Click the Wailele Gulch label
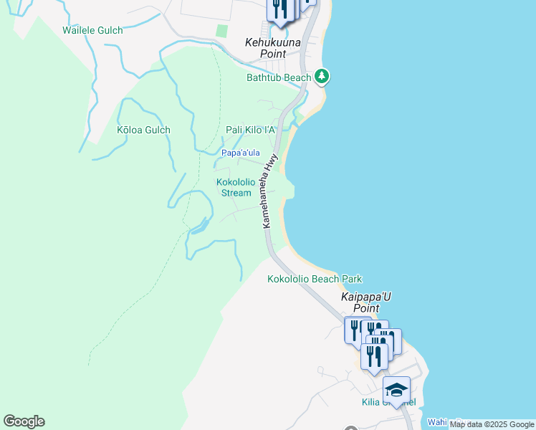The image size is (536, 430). pyautogui.click(x=92, y=31)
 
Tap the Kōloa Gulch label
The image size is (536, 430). pyautogui.click(x=143, y=130)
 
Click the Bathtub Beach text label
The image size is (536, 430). pyautogui.click(x=279, y=77)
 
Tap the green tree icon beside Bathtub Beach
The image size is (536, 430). pyautogui.click(x=322, y=76)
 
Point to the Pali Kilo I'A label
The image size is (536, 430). pyautogui.click(x=251, y=130)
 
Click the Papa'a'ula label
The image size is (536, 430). pyautogui.click(x=240, y=153)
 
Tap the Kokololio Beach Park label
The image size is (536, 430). pyautogui.click(x=315, y=279)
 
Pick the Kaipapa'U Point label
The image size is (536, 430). pyautogui.click(x=366, y=301)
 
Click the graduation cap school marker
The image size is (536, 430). pyautogui.click(x=396, y=391)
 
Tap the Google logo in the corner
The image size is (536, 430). pyautogui.click(x=24, y=421)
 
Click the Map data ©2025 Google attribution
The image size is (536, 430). pyautogui.click(x=492, y=425)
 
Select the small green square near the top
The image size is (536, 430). pyautogui.click(x=222, y=31)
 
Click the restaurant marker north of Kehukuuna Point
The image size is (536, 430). pyautogui.click(x=279, y=9)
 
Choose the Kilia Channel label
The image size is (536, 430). pyautogui.click(x=388, y=402)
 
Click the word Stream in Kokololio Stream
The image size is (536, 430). pyautogui.click(x=236, y=193)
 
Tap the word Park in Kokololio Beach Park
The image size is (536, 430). pyautogui.click(x=352, y=279)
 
